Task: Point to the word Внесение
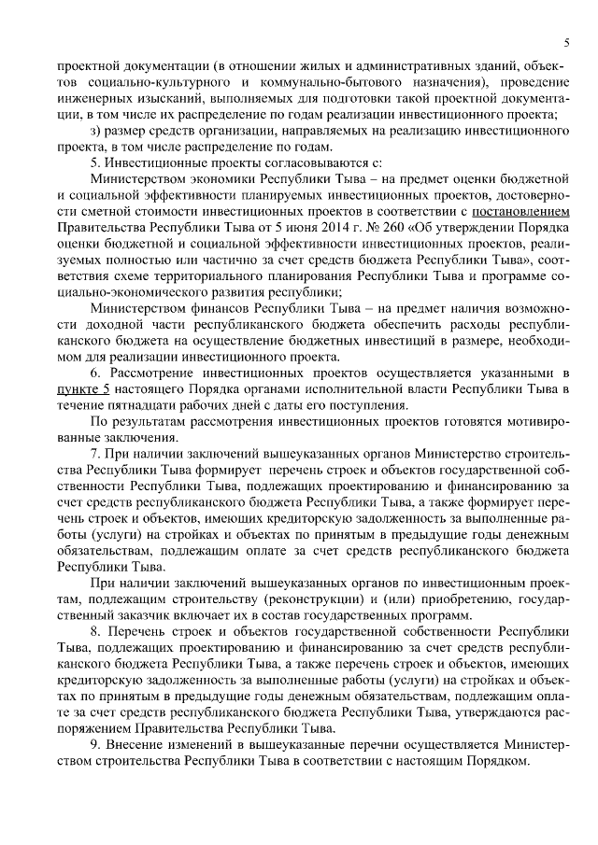139,742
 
